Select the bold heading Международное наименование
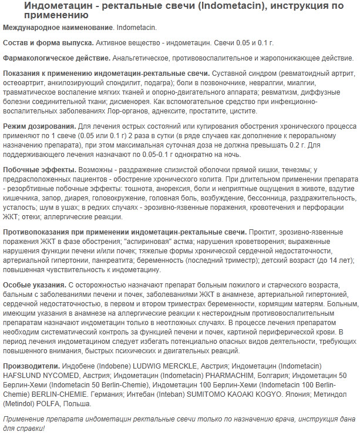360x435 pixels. [x=57, y=28]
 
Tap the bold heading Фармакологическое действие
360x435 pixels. [x=56, y=58]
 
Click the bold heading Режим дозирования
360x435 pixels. [x=39, y=126]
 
